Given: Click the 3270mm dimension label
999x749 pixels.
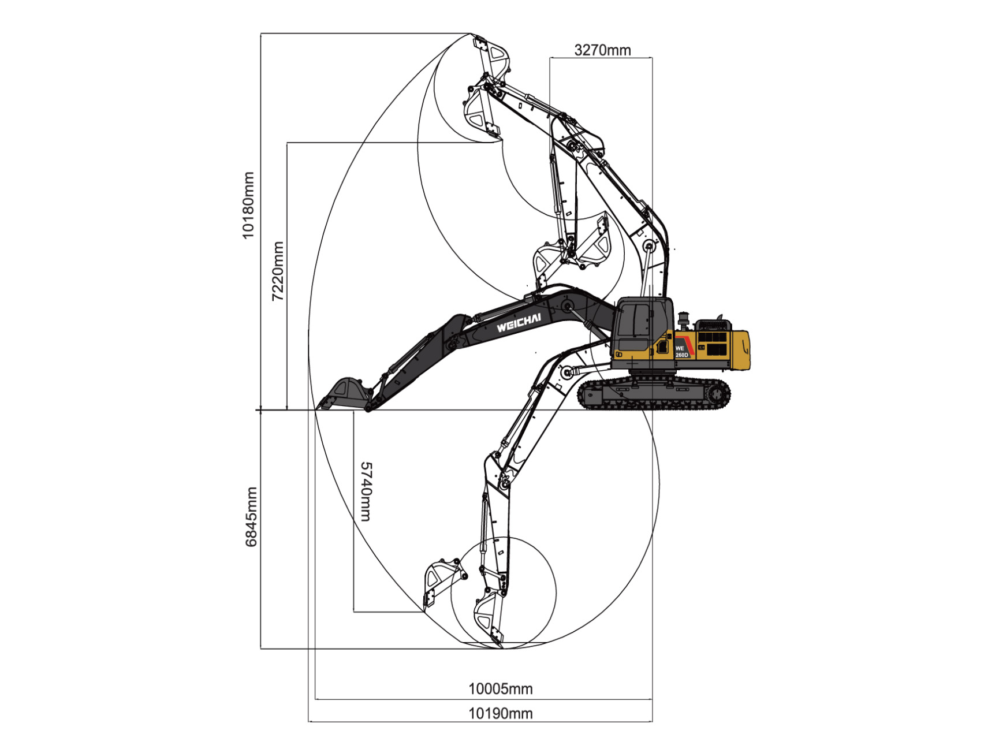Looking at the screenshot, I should [602, 50].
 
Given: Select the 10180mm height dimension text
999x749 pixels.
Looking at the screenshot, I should [248, 205].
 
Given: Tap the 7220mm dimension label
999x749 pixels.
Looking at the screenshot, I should [278, 271].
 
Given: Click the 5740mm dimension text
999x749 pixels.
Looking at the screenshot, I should [366, 491].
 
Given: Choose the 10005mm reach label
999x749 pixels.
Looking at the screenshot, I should [500, 688].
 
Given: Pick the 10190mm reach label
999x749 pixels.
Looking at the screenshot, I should [500, 713].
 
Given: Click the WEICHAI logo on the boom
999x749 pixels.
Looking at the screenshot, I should [519, 323].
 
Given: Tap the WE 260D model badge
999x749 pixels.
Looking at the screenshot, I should [681, 352].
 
